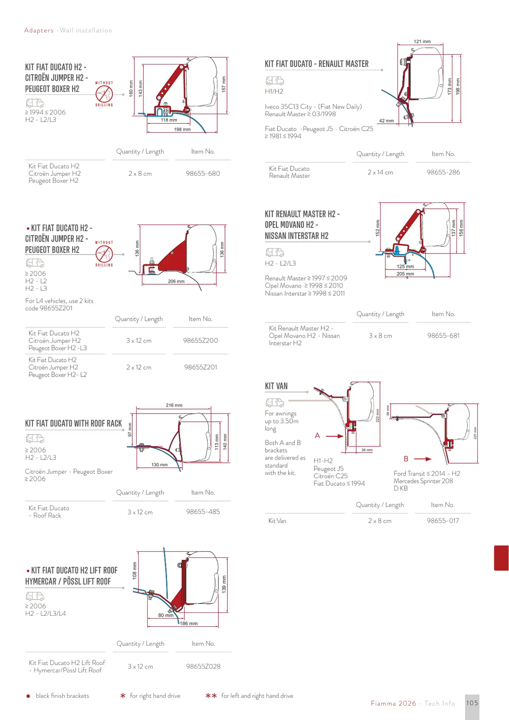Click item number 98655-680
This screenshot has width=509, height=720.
point(203,173)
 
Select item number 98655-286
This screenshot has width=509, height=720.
point(443,172)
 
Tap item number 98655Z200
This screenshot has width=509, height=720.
point(200,340)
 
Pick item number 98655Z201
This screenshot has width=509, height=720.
point(200,367)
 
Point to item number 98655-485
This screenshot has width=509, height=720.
point(203,512)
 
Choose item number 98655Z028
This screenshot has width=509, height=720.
point(203,666)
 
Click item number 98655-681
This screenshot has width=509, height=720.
point(443,336)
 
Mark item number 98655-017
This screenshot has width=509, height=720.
point(443,521)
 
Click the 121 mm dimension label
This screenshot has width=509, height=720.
point(422,41)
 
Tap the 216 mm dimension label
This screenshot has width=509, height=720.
point(174,405)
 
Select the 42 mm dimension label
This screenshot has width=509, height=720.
point(386,121)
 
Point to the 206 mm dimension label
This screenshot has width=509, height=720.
point(176,281)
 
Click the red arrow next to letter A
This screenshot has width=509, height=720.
point(335,436)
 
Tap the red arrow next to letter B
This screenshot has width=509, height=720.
point(423,459)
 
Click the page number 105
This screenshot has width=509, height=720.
point(472,703)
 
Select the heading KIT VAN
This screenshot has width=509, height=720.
point(276,386)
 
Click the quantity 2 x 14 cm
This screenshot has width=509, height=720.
point(380,173)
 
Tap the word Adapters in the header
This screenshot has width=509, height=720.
point(39,30)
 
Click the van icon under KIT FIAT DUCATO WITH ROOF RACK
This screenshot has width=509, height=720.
point(35,439)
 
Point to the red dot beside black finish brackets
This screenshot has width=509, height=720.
point(28,696)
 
